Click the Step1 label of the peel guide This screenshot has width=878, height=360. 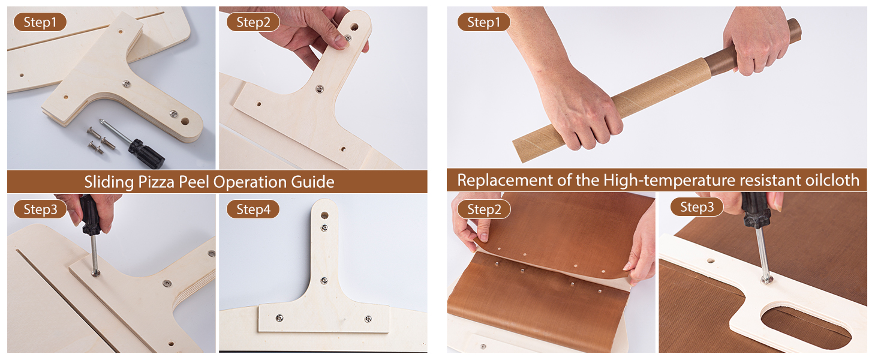click(x=40, y=22)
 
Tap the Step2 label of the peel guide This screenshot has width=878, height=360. click(x=253, y=22)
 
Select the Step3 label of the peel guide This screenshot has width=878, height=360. click(x=40, y=209)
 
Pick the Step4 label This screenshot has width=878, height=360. click(x=253, y=209)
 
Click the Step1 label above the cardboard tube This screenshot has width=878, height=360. click(x=484, y=22)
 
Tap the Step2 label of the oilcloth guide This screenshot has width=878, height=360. click(x=484, y=209)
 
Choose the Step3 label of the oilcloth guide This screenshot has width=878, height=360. click(x=696, y=206)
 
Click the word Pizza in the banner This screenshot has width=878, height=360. click(x=156, y=182)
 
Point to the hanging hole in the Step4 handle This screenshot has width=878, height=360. click(x=324, y=215)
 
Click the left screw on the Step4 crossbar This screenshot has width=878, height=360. click(x=279, y=317)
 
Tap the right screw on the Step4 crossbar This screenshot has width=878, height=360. click(x=368, y=319)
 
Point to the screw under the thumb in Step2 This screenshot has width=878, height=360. click(x=347, y=38)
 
